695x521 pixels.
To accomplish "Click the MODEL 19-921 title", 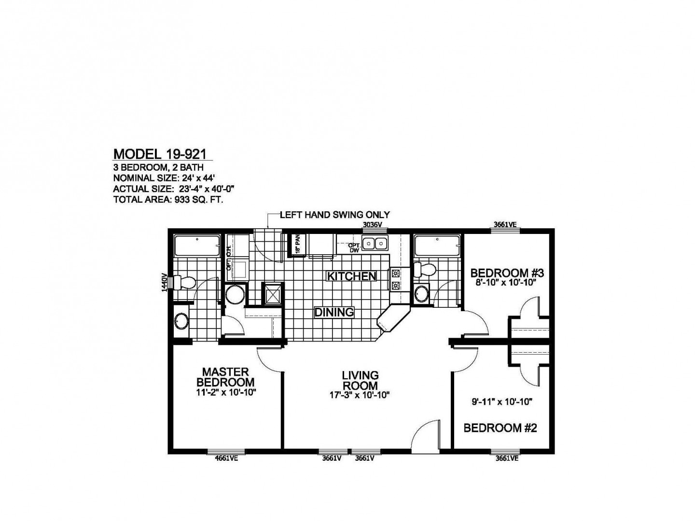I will tap(160, 154).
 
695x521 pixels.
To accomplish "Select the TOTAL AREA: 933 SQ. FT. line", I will tap(167, 199).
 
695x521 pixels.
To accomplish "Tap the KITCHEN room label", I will tap(351, 276).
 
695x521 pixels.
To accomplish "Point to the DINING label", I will tap(334, 312).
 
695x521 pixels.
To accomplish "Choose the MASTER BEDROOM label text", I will tap(226, 377).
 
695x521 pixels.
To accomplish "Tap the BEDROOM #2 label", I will tap(500, 428).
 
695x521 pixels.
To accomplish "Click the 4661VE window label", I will tap(226, 459).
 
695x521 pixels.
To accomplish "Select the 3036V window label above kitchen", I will tap(372, 225).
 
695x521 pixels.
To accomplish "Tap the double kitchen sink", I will tap(375, 244).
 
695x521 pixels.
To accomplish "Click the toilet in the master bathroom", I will tap(183, 282).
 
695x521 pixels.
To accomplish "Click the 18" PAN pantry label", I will tap(298, 244).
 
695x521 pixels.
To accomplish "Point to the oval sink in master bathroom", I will tap(181, 322).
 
